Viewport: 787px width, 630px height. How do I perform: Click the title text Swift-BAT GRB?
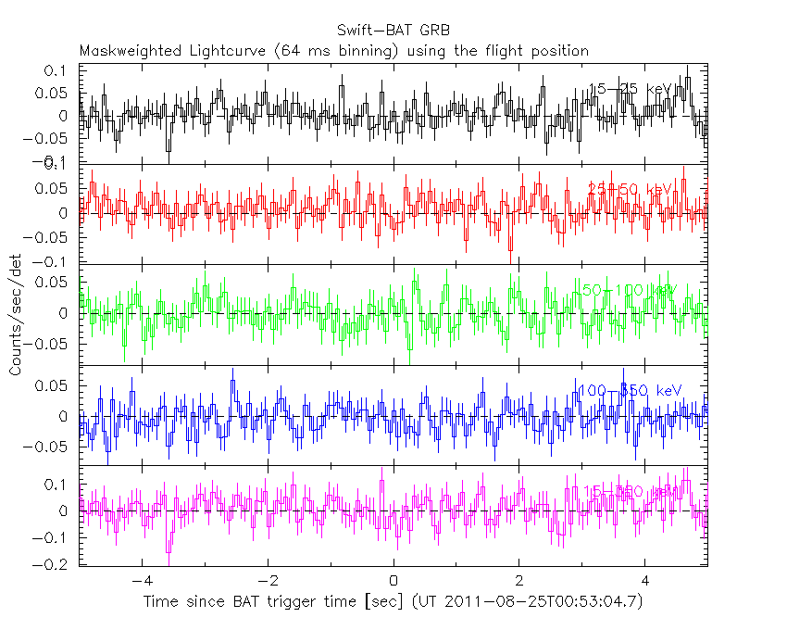(x=393, y=30)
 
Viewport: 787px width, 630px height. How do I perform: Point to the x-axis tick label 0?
(x=393, y=583)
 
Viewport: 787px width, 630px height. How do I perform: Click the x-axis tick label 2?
(x=519, y=583)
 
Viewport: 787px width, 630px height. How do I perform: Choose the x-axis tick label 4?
(x=645, y=583)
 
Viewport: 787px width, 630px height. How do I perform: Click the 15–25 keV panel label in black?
(x=630, y=89)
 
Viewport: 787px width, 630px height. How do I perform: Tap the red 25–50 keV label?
(x=630, y=189)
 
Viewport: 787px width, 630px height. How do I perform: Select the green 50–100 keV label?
(x=627, y=290)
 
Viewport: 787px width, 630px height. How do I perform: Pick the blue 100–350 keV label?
(x=629, y=391)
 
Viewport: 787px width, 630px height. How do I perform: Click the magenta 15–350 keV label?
(x=629, y=490)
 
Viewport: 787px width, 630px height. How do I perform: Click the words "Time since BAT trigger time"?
(x=240, y=602)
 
